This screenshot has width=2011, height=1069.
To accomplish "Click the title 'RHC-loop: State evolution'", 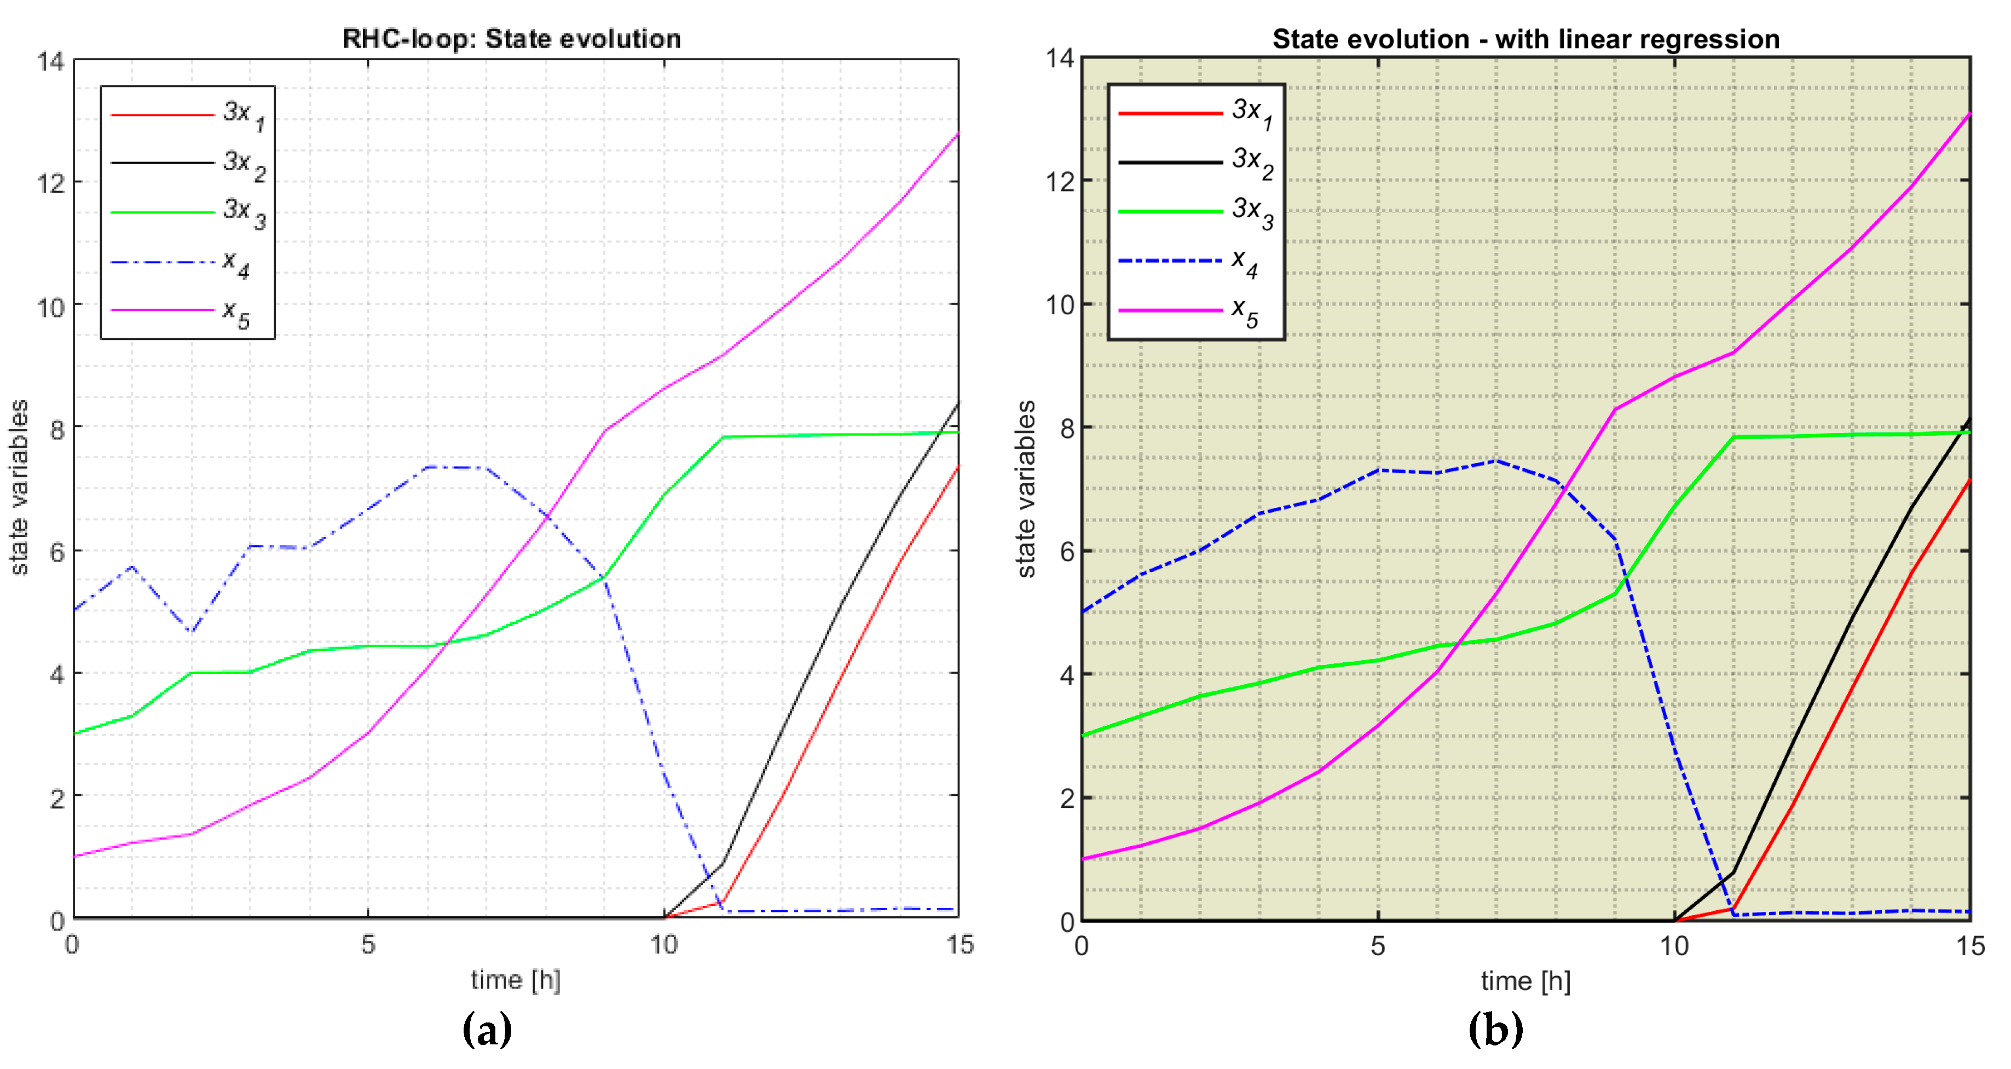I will (x=511, y=38).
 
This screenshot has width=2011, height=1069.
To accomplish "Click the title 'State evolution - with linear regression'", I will (x=1525, y=38).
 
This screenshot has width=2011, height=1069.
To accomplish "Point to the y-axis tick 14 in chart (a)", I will (x=51, y=61).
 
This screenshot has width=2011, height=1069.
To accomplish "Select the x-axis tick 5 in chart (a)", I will (x=368, y=945).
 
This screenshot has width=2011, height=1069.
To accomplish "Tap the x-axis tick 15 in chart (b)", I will (x=1969, y=946).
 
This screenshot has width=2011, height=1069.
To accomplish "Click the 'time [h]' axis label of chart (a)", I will (x=515, y=980).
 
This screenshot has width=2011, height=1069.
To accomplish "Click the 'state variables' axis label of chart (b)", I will (x=1027, y=489).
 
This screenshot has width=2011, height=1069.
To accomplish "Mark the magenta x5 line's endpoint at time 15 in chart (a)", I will (x=958, y=134).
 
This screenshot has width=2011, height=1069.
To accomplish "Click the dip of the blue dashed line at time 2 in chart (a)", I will (x=191, y=631).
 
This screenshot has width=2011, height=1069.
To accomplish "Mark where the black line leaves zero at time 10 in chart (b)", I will (x=1674, y=920).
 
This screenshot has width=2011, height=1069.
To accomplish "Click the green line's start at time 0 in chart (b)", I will (x=1082, y=735).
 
